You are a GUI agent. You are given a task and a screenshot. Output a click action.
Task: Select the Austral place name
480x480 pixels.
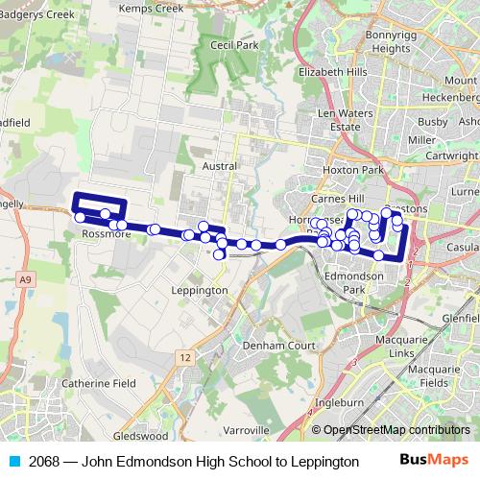[x=221, y=165]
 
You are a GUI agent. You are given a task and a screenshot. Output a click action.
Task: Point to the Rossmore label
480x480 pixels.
[x=107, y=233]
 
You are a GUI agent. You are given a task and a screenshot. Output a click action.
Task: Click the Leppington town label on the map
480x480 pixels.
[x=199, y=290]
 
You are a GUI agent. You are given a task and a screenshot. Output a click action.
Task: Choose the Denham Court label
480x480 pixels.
[x=278, y=344]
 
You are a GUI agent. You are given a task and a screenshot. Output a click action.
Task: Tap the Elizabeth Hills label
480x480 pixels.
[x=332, y=72]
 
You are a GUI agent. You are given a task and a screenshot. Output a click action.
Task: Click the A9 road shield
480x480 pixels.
[x=24, y=278]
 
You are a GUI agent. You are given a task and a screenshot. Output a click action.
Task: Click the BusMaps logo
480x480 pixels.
[x=434, y=461]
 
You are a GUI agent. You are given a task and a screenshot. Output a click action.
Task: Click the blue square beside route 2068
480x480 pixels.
[x=12, y=462]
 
